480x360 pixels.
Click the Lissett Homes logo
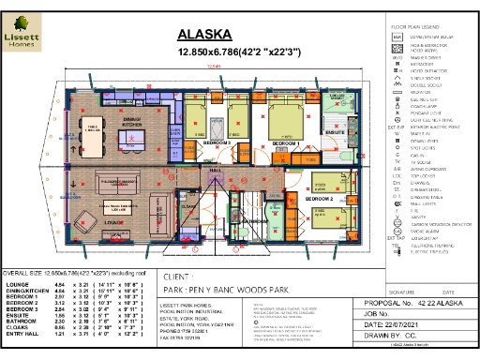tap(20, 31)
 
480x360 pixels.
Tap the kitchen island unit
tap(132, 142)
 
